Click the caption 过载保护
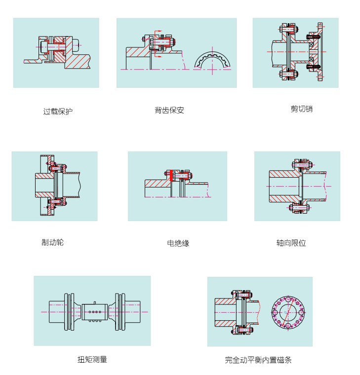(58, 112)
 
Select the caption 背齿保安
(169, 110)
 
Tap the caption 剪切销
(301, 109)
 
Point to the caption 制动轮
(52, 242)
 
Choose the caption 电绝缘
(178, 243)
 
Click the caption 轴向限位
(291, 243)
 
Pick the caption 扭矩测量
(92, 359)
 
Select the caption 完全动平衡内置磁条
(258, 360)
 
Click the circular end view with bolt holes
(288, 312)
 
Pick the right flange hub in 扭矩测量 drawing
(127, 311)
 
